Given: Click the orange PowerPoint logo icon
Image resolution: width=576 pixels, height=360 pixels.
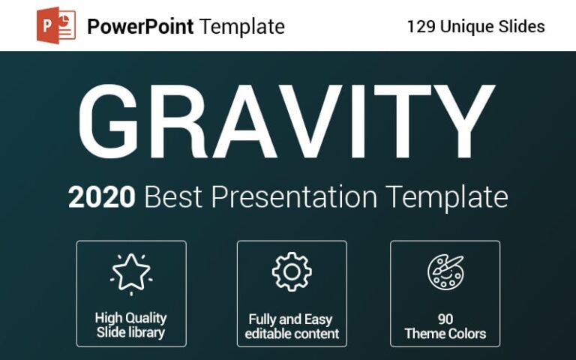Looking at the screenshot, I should click(56, 27).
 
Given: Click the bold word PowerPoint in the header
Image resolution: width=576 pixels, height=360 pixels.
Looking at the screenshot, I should click(140, 27).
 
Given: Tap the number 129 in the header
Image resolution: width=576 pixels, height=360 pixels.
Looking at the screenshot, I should click(421, 26).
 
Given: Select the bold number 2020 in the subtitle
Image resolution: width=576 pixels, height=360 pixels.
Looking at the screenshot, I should click(102, 198).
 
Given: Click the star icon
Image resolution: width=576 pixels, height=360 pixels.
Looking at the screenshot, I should click(131, 272).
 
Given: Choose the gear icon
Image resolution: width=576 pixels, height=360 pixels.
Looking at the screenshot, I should click(292, 271).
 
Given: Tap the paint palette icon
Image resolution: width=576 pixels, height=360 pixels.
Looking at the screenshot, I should click(445, 272).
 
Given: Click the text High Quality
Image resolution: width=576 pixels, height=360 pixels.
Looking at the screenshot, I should click(131, 318).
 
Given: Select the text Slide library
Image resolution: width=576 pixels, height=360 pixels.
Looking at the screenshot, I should click(131, 333).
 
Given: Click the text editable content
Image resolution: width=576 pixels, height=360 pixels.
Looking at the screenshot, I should click(292, 334).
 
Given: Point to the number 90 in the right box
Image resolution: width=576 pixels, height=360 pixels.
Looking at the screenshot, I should click(445, 319).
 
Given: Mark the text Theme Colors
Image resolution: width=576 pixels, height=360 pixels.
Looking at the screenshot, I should click(445, 334).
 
